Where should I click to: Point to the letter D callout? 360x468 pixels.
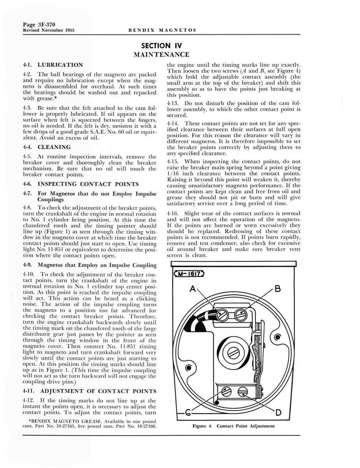[279, 412]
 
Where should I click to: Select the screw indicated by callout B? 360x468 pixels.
[240, 314]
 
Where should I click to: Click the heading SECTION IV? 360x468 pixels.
[162, 46]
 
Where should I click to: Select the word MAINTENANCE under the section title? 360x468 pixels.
[162, 55]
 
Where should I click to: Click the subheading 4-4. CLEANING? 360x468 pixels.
[47, 147]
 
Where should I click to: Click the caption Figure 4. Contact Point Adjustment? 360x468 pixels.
[233, 426]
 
